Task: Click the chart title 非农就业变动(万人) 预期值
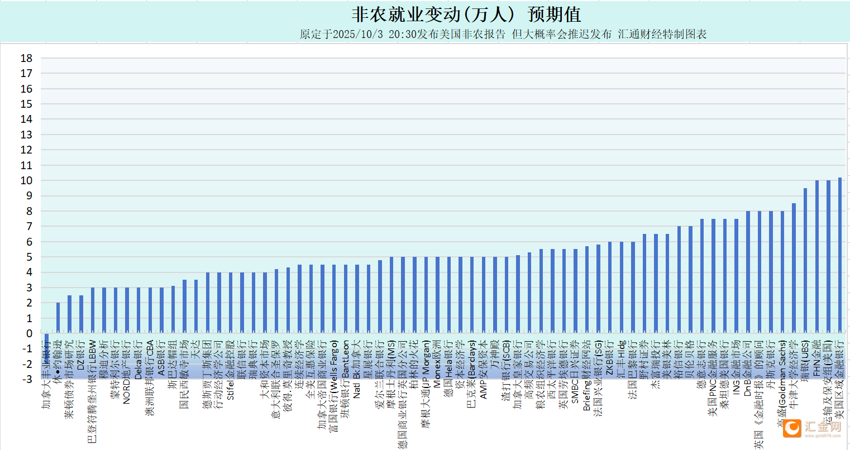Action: click(466, 15)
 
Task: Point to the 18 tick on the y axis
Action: click(26, 58)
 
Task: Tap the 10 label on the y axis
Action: click(26, 180)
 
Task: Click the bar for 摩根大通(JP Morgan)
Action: click(426, 295)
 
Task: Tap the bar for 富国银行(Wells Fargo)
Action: click(334, 299)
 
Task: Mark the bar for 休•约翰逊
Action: click(58, 318)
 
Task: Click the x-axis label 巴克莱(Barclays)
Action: click(472, 374)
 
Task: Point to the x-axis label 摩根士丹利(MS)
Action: click(391, 368)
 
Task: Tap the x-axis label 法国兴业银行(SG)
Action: click(598, 380)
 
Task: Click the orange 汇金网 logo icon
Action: click(792, 428)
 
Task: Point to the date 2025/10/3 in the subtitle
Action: click(357, 34)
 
